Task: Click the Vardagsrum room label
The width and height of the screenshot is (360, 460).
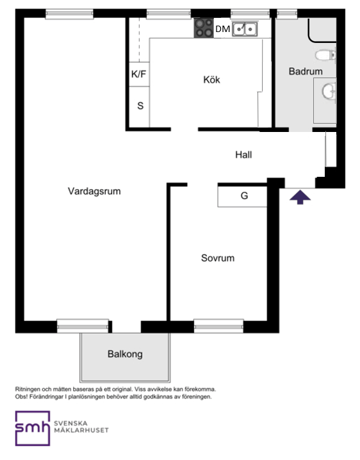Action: (94, 191)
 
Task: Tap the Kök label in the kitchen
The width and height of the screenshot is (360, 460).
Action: (211, 80)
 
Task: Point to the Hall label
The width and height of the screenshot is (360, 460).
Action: (243, 155)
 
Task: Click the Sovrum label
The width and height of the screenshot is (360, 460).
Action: (217, 259)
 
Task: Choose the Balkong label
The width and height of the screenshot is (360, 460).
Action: (125, 354)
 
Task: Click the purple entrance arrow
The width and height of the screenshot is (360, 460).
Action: (300, 198)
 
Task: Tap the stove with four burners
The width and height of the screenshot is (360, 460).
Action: (204, 28)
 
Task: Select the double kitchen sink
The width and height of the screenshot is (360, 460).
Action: (245, 29)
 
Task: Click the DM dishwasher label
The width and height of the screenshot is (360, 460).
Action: (222, 29)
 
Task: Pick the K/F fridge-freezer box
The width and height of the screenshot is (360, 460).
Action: (138, 74)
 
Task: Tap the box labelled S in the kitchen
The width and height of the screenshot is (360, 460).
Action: (140, 106)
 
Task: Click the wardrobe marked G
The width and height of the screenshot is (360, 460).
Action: (243, 196)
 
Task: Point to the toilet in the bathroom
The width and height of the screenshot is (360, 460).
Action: (325, 55)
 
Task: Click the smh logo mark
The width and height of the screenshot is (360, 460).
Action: (32, 429)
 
